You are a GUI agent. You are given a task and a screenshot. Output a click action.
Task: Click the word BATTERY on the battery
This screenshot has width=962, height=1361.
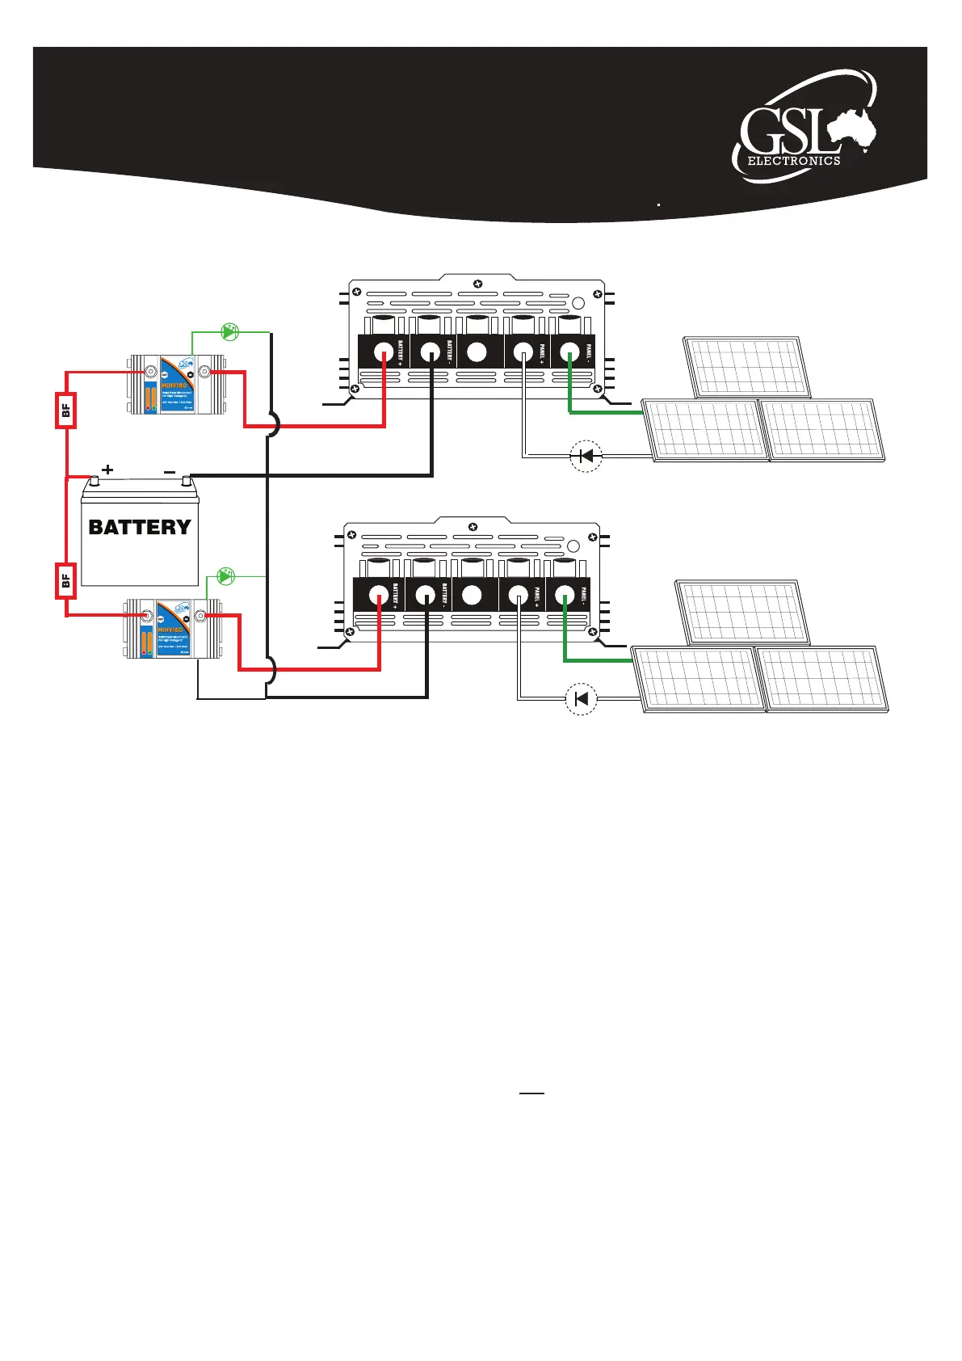140,528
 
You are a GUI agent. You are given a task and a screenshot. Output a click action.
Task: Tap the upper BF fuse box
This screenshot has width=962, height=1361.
65,410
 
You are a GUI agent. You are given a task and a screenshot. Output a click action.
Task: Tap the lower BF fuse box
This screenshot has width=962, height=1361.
65,579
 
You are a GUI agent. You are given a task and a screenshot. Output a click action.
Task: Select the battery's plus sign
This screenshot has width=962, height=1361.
107,470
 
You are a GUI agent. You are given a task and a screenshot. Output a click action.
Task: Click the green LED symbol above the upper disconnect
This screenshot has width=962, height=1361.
230,331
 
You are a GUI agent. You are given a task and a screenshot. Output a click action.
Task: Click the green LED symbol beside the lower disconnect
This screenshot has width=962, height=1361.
227,575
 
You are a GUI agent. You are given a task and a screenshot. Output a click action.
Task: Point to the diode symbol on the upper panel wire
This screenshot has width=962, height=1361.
586,457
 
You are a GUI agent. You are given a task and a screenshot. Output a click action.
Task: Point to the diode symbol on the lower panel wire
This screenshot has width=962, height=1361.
581,699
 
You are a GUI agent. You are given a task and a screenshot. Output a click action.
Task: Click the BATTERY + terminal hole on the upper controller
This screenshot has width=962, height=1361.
384,352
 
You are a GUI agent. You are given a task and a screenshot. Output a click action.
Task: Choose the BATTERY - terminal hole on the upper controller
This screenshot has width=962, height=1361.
431,352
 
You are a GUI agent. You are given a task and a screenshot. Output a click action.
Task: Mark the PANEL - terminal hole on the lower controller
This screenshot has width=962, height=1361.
563,596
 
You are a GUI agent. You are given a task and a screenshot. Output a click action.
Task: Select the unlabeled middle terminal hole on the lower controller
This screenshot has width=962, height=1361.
472,596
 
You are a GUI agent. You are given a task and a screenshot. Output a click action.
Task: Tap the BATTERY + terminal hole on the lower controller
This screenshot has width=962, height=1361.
378,596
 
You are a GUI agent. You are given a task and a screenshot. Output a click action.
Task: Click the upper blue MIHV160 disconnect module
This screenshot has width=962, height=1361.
176,384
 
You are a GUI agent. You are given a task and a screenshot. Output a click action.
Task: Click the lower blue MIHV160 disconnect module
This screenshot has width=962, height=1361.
172,629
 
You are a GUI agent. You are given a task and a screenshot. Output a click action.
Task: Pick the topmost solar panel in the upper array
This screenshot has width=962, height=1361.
746,367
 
